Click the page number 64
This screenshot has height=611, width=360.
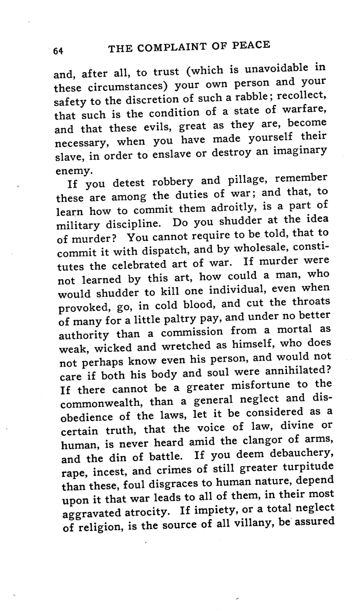pyautogui.click(x=57, y=50)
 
